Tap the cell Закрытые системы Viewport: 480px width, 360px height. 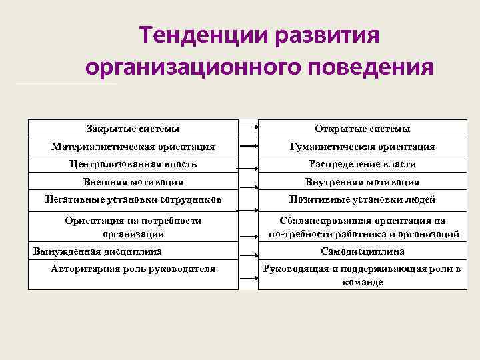click(x=133, y=129)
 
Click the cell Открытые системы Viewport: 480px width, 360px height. click(x=362, y=129)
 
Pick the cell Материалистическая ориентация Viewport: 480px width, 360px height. click(x=133, y=146)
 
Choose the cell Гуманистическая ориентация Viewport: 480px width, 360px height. click(x=362, y=146)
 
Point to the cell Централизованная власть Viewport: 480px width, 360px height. click(x=133, y=164)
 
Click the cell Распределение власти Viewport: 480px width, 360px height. click(x=362, y=164)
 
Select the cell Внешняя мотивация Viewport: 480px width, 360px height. click(x=133, y=181)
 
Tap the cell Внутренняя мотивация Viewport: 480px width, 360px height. click(x=362, y=181)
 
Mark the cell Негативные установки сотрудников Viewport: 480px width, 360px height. click(x=133, y=199)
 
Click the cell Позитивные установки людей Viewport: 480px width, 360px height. click(x=362, y=199)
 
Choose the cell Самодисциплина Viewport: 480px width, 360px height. click(x=362, y=251)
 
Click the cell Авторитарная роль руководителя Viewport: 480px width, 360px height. click(x=133, y=269)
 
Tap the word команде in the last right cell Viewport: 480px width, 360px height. click(x=362, y=283)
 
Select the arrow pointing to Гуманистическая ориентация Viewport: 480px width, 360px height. click(x=249, y=146)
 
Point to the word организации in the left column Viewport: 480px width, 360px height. click(x=133, y=234)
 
